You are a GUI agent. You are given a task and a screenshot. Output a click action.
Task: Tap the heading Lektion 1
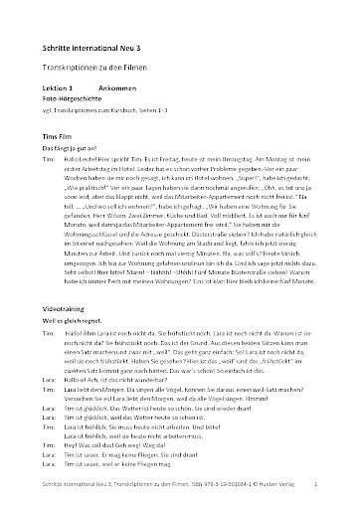point(61,86)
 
